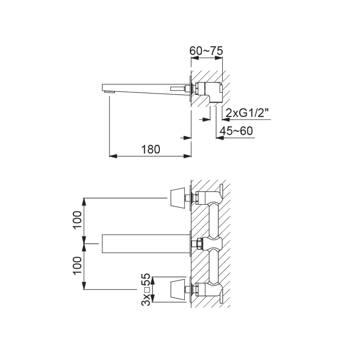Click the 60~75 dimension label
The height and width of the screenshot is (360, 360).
(206, 51)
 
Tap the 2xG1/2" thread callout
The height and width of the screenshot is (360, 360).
(248, 113)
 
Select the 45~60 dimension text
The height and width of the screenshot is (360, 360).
(236, 131)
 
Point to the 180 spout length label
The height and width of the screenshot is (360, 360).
(150, 149)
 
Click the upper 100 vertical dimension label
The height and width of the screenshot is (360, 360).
(78, 220)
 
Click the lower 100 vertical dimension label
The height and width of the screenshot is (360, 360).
(78, 265)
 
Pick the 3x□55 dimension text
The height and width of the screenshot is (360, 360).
(146, 289)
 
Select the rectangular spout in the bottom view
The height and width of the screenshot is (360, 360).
(146, 244)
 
